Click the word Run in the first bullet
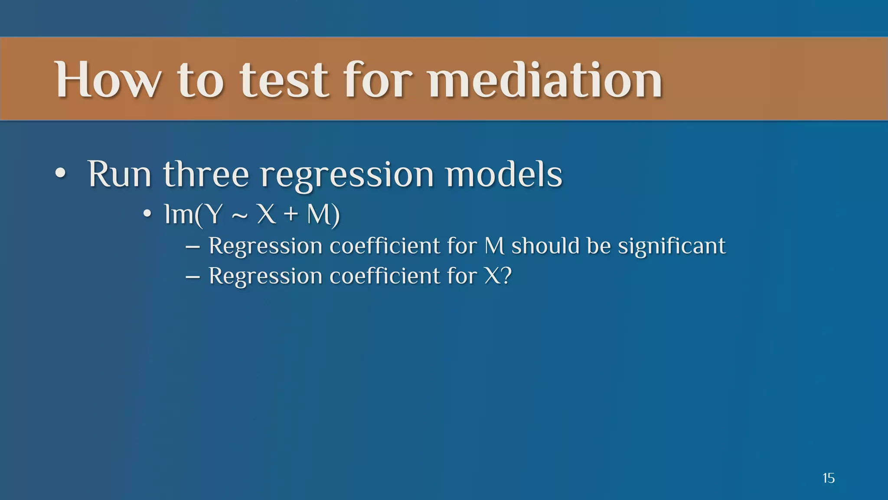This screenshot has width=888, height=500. click(x=119, y=174)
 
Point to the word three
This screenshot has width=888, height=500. click(x=206, y=174)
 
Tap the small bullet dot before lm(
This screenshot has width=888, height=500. click(x=147, y=214)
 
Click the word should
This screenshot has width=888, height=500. click(x=545, y=246)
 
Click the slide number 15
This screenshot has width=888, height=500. click(x=828, y=478)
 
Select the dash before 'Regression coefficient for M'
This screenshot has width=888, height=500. click(x=193, y=247)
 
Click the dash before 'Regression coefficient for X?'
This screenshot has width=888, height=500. click(x=193, y=277)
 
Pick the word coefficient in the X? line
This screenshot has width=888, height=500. click(x=385, y=276)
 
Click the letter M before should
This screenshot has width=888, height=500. click(x=494, y=246)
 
